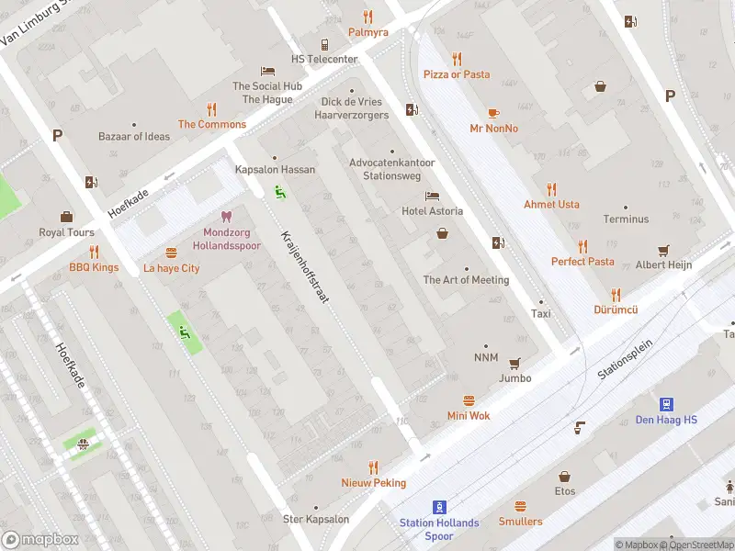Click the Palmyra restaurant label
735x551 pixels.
tap(367, 32)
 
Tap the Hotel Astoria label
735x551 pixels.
tap(432, 211)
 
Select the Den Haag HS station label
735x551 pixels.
tap(666, 421)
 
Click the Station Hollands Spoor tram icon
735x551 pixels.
tap(439, 506)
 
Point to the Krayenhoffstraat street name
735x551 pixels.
tap(305, 266)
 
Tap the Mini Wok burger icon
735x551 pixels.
tap(469, 400)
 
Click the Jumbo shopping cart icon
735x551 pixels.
tap(514, 363)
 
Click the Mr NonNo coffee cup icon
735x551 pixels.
tap(493, 113)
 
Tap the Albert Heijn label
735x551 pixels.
tap(663, 264)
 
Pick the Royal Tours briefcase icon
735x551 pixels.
tap(66, 217)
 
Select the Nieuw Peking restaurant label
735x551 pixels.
tap(373, 482)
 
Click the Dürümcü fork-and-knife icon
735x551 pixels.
tap(616, 295)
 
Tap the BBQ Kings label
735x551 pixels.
tap(94, 267)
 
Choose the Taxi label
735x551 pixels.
tap(540, 313)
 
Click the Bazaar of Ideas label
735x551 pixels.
tap(134, 136)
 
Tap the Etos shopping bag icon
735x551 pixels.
tap(564, 477)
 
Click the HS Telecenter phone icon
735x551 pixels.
tap(324, 44)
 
